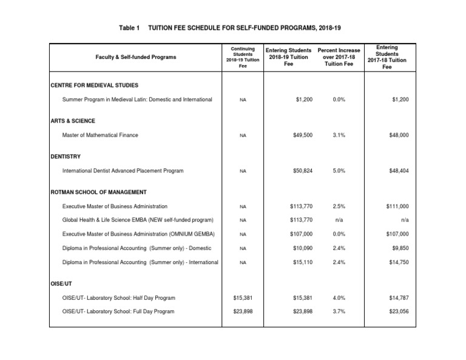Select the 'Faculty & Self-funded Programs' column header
pyautogui.click(x=136, y=57)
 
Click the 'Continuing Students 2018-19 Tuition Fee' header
pyautogui.click(x=243, y=57)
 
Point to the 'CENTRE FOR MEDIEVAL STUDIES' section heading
pyautogui.click(x=95, y=86)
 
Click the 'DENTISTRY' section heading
pyautogui.click(x=66, y=157)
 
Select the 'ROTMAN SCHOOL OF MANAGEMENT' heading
pyautogui.click(x=98, y=192)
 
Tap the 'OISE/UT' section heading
pyautogui.click(x=62, y=284)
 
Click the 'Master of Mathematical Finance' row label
pyautogui.click(x=100, y=135)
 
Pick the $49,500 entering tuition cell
pyautogui.click(x=302, y=135)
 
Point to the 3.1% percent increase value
pyautogui.click(x=340, y=135)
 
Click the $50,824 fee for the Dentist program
pyautogui.click(x=302, y=171)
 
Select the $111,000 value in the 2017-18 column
pyautogui.click(x=397, y=206)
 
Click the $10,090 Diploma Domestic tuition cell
pyautogui.click(x=302, y=248)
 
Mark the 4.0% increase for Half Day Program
pyautogui.click(x=340, y=297)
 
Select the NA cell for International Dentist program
pyautogui.click(x=243, y=171)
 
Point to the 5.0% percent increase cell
pyautogui.click(x=340, y=171)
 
